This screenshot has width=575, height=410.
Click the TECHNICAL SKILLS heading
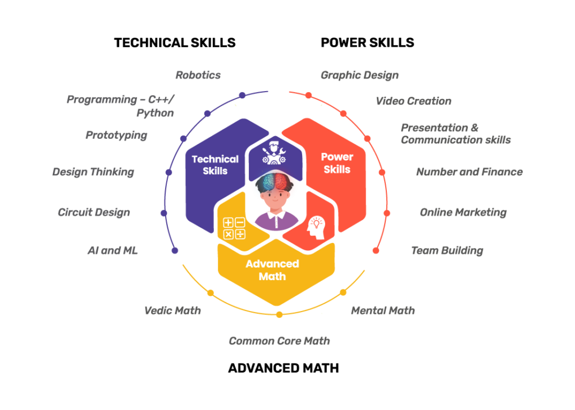tap(175, 43)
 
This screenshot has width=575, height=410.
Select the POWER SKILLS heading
tap(367, 43)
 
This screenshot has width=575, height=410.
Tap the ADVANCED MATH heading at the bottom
tap(284, 368)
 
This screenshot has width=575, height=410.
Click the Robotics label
tap(198, 75)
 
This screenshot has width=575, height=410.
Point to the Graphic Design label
tap(360, 75)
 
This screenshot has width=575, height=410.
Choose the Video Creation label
tap(414, 101)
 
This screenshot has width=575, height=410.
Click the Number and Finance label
tap(469, 172)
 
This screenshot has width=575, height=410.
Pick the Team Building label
tap(447, 251)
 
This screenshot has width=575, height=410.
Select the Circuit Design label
tap(94, 213)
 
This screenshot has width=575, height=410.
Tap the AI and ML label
tap(112, 251)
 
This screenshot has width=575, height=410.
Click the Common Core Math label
tap(280, 341)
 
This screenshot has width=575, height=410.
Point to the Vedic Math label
tap(172, 311)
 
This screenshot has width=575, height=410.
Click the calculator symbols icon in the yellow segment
tap(234, 228)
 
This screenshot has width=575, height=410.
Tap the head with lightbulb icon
tap(316, 228)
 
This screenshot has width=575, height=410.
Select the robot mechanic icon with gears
tap(274, 152)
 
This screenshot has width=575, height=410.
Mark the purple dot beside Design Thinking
tap(168, 172)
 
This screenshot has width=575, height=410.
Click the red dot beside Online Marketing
tap(386, 213)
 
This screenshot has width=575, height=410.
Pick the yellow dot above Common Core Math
tap(280, 314)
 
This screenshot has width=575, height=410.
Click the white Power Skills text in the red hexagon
tap(337, 163)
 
